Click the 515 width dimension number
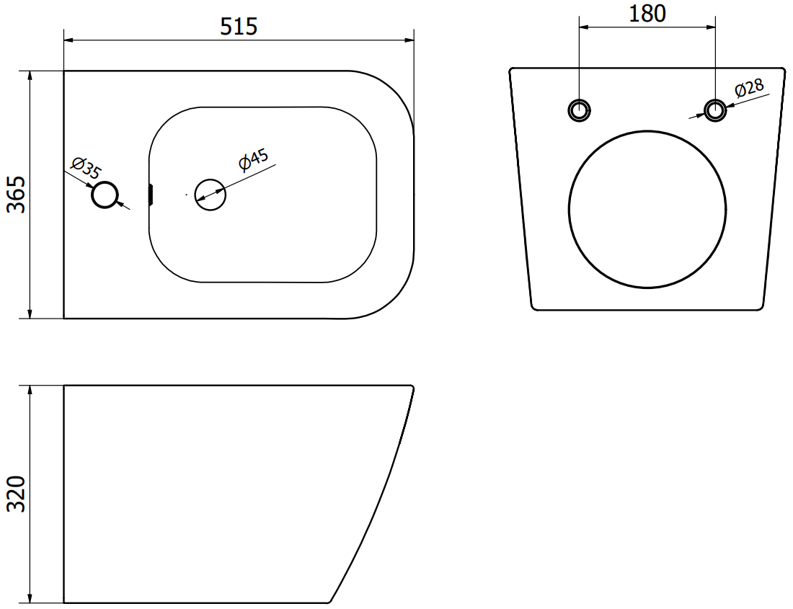click(239, 27)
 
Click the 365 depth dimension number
click(17, 195)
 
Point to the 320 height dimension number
click(17, 494)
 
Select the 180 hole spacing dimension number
click(647, 14)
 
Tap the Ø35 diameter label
click(86, 168)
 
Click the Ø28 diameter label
click(749, 89)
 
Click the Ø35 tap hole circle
click(105, 195)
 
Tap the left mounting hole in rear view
click(579, 110)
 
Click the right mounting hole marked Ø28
click(715, 110)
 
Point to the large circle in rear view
click(647, 208)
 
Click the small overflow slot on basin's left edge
click(151, 194)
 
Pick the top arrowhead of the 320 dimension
click(30, 390)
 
